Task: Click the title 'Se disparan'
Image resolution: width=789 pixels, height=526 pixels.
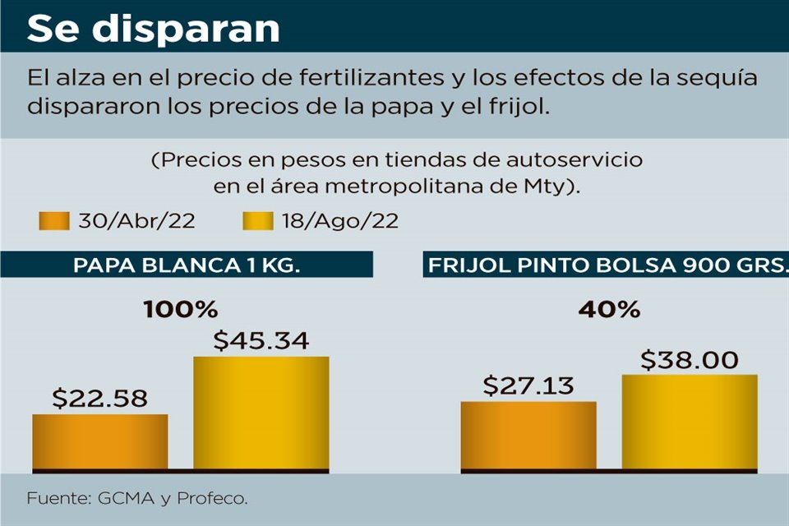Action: click(154, 28)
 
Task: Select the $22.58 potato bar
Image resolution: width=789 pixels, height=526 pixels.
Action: click(100, 442)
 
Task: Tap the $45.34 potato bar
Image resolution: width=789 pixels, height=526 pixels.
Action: click(261, 413)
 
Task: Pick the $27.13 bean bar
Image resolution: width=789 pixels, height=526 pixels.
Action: click(528, 436)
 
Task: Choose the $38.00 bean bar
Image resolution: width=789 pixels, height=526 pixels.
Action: click(690, 422)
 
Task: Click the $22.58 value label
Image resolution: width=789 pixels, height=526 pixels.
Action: click(99, 399)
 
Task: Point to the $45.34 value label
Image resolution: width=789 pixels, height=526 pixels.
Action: click(261, 341)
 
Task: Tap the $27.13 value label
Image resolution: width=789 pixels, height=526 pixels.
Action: click(528, 386)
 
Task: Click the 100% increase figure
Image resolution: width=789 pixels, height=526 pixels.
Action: click(180, 311)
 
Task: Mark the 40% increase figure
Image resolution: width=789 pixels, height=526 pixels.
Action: click(609, 311)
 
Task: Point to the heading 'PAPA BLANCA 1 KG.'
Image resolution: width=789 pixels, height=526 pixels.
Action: click(187, 265)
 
